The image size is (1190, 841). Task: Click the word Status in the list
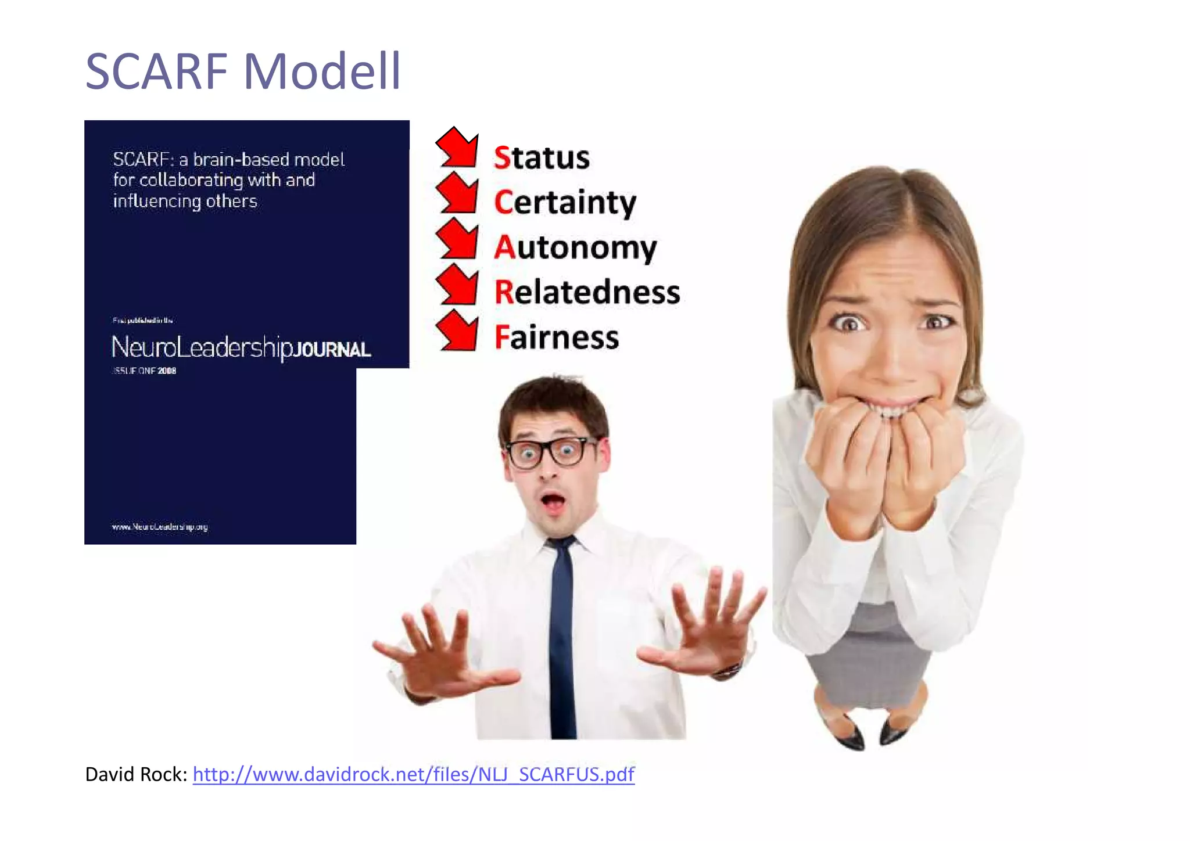pyautogui.click(x=542, y=158)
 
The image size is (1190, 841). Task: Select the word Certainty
pyautogui.click(x=565, y=203)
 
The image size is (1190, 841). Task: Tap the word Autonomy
pyautogui.click(x=575, y=248)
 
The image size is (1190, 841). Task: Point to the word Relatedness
pyautogui.click(x=587, y=292)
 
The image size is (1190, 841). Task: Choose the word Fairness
pyautogui.click(x=557, y=337)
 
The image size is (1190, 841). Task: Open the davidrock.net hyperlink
pyautogui.click(x=413, y=774)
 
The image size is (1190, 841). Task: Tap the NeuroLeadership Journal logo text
pyautogui.click(x=241, y=347)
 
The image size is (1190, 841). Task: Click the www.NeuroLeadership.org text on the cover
pyautogui.click(x=160, y=527)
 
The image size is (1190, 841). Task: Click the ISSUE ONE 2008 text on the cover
pyautogui.click(x=145, y=371)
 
